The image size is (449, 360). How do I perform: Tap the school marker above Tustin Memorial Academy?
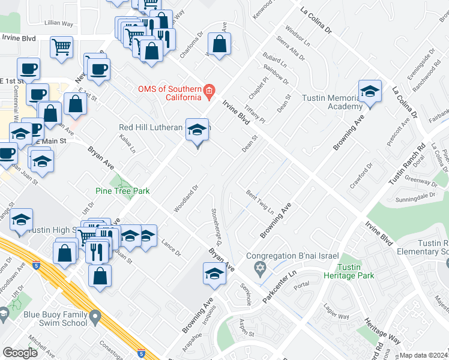click(x=370, y=92)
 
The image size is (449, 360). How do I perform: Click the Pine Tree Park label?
click(x=122, y=191)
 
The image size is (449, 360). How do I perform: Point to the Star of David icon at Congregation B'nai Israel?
click(x=260, y=267)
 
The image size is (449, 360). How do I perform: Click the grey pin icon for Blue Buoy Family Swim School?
click(x=95, y=316)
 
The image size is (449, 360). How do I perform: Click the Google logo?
click(x=20, y=353)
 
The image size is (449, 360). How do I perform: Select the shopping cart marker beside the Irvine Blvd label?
click(x=62, y=47)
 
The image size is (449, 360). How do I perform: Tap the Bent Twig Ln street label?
click(x=259, y=202)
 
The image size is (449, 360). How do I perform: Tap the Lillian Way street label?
click(x=59, y=23)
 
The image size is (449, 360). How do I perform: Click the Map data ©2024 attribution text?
click(x=423, y=355)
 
